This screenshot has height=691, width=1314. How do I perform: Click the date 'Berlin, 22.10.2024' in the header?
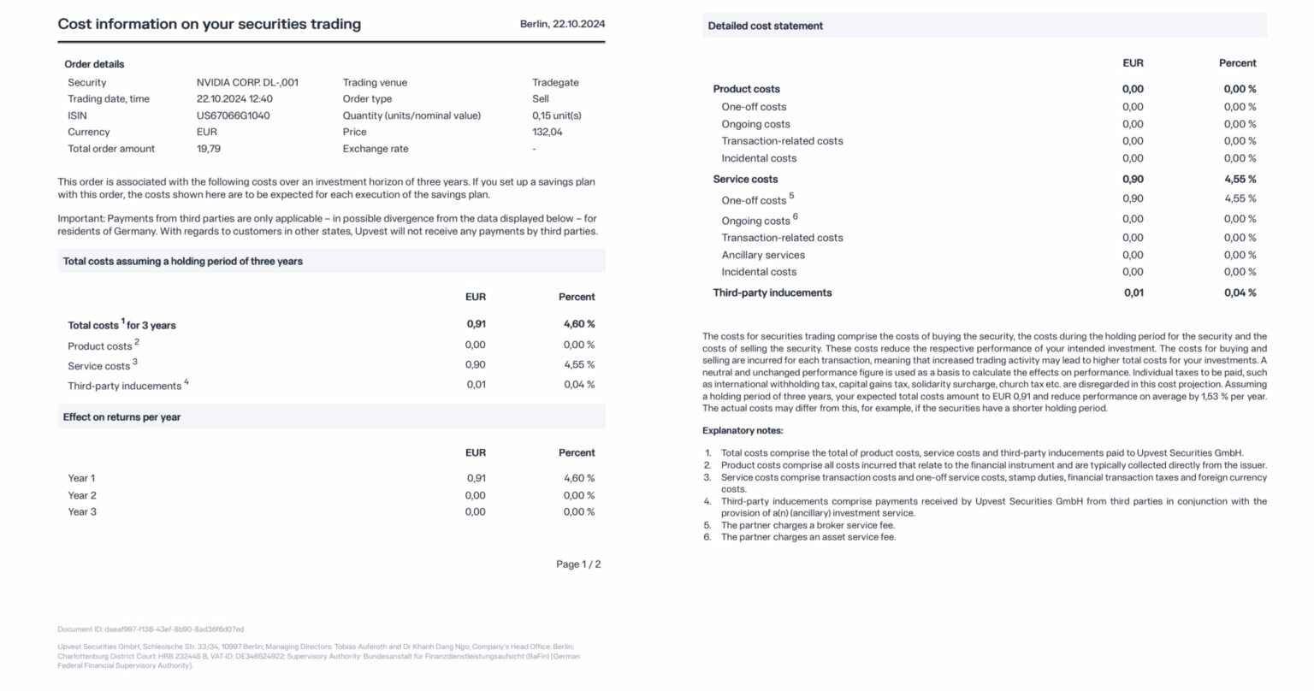(x=562, y=24)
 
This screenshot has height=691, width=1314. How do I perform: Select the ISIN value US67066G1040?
(x=233, y=115)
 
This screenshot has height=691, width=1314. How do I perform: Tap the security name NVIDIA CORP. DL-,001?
(x=247, y=83)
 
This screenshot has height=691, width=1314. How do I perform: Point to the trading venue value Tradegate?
(x=555, y=83)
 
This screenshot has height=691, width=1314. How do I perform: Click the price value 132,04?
(x=547, y=132)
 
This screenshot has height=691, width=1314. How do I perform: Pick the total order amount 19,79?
(x=209, y=149)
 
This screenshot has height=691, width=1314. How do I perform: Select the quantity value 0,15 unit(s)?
(x=556, y=115)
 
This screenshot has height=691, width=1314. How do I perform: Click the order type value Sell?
(x=541, y=99)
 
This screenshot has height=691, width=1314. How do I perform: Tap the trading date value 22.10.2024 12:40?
(x=234, y=99)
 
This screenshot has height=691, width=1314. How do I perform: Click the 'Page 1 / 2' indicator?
(x=578, y=564)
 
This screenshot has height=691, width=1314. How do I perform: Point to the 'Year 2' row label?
(x=82, y=495)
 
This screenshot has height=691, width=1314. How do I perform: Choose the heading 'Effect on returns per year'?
(x=121, y=417)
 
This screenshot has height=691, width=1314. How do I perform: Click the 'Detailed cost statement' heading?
(x=765, y=27)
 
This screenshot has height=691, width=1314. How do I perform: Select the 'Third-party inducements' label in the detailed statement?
(x=772, y=292)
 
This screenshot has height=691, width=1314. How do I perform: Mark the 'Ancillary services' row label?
(x=763, y=255)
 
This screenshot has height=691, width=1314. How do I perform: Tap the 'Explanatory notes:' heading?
(x=743, y=431)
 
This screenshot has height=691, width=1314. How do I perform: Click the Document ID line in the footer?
(x=151, y=629)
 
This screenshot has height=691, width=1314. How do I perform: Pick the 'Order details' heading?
(x=94, y=64)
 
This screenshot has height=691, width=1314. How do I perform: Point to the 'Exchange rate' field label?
(x=376, y=149)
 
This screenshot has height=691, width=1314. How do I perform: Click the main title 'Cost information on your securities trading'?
(x=209, y=24)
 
